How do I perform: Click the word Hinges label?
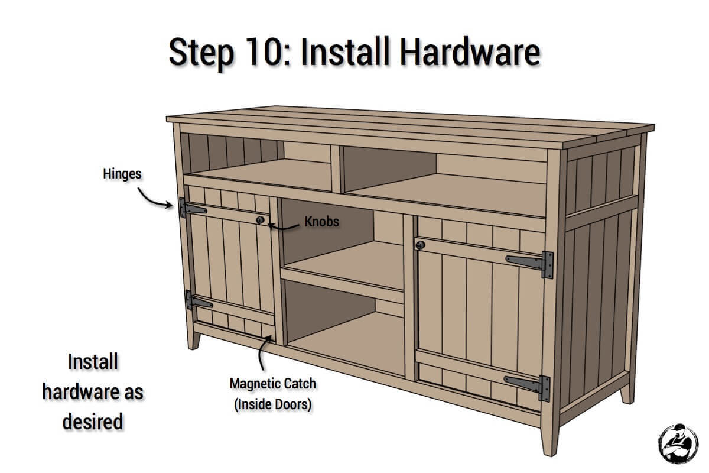pyautogui.click(x=121, y=173)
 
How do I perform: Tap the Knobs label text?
pyautogui.click(x=322, y=221)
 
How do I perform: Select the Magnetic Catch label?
pyautogui.click(x=272, y=384)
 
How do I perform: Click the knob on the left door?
pyautogui.click(x=259, y=220)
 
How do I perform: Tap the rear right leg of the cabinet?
pyautogui.click(x=626, y=390)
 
